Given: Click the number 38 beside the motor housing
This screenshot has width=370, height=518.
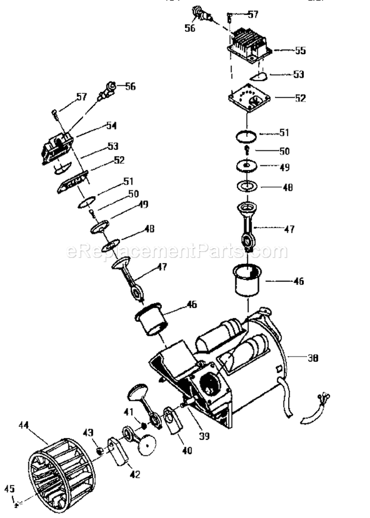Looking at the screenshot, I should (x=312, y=358).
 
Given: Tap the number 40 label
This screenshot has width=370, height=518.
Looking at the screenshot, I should (x=187, y=450).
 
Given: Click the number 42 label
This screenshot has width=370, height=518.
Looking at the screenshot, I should (x=134, y=475).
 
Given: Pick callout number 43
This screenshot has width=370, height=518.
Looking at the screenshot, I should (x=88, y=432).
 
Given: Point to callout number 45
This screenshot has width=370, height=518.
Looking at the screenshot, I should (x=9, y=489).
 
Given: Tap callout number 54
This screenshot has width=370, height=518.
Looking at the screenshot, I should (x=111, y=126).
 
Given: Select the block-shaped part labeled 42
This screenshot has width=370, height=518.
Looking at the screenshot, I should (x=117, y=451).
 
